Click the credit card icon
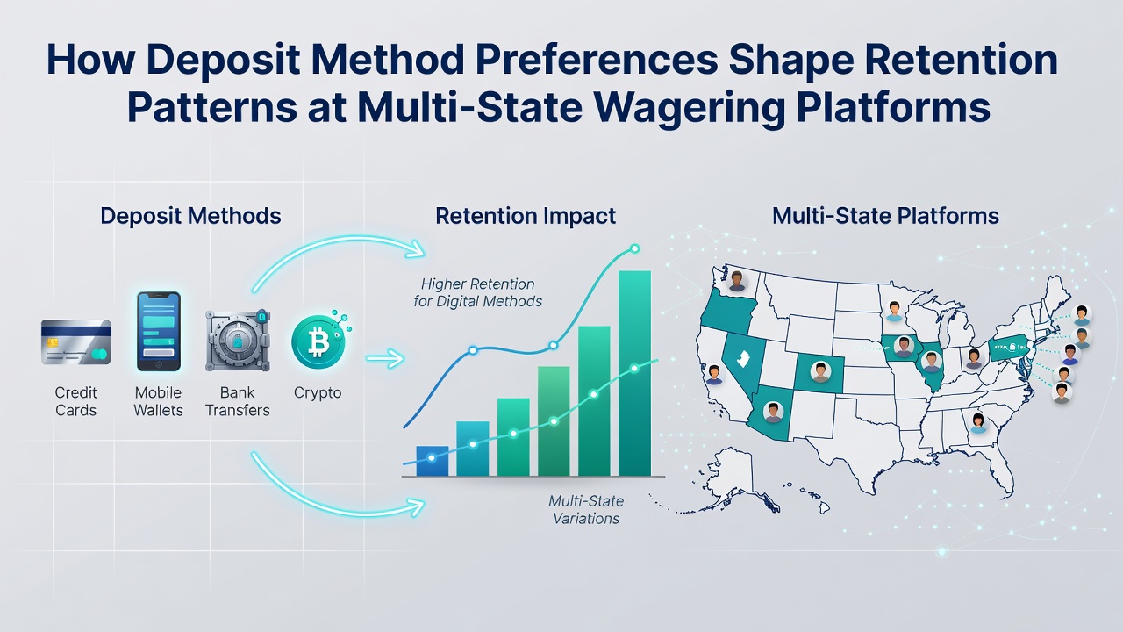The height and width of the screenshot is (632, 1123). tap(76, 342)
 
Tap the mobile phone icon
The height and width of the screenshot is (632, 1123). tap(159, 332)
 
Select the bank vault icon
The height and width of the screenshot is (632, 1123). tap(238, 341)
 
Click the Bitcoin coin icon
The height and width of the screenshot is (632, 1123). tap(318, 341)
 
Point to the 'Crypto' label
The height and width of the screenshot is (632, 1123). tap(318, 392)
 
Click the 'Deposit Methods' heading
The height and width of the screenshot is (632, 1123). tap(190, 216)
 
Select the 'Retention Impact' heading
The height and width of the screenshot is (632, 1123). tap(526, 216)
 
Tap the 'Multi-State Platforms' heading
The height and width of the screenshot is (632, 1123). tap(885, 216)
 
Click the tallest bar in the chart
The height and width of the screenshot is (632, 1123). tap(634, 374)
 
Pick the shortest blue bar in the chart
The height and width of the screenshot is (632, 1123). tap(433, 461)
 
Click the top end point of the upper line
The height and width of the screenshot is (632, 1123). tap(634, 248)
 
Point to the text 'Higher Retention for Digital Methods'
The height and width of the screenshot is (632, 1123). tap(478, 292)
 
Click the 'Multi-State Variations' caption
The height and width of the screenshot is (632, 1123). tap(586, 509)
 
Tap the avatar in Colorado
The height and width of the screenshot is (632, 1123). tap(820, 372)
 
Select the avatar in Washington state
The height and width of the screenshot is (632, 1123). tap(736, 281)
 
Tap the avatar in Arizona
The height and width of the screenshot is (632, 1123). tap(773, 412)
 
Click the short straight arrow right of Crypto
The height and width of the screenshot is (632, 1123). tap(385, 359)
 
